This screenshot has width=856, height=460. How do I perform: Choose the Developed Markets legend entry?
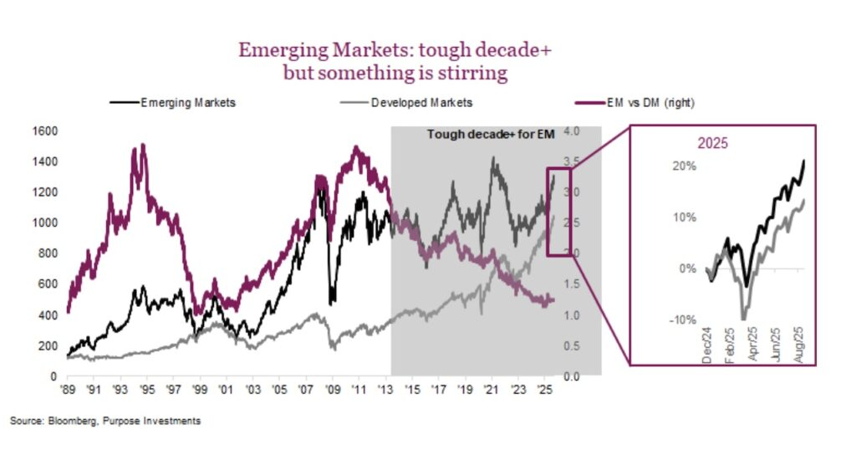(x=421, y=103)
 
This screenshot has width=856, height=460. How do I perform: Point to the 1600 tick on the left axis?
(x=43, y=131)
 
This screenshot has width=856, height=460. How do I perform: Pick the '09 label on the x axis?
(x=332, y=390)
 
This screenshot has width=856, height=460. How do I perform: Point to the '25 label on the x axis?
(x=545, y=390)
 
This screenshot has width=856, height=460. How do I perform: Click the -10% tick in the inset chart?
(x=682, y=319)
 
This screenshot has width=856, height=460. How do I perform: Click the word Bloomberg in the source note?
(x=71, y=421)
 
